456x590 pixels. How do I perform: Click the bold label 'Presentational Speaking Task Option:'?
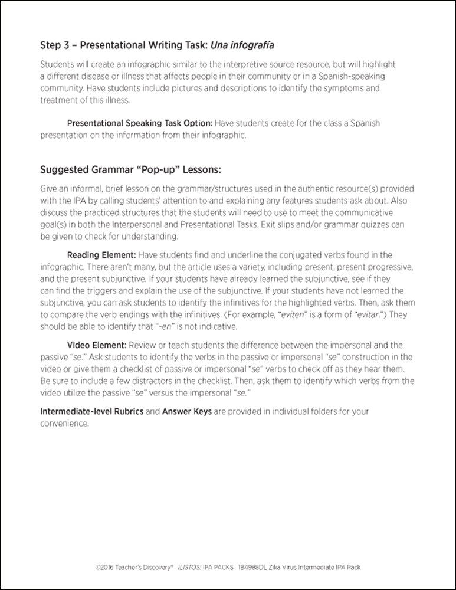tap(140, 124)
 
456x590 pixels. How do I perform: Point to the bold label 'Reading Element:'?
tap(101, 255)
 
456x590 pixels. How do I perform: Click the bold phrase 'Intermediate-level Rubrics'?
tap(91, 411)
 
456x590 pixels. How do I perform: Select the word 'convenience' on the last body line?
tap(64, 423)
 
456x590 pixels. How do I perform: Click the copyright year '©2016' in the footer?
tap(104, 568)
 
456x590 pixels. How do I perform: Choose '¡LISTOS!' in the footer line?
tap(193, 568)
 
